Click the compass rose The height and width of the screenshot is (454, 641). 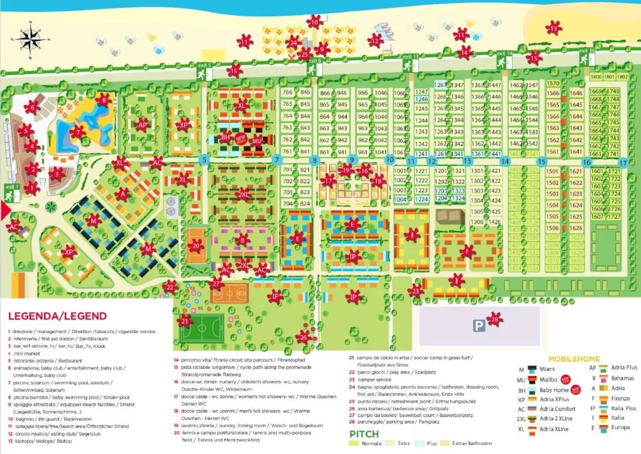30,38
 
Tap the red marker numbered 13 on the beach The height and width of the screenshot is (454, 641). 554,28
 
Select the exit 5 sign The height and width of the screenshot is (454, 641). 204,66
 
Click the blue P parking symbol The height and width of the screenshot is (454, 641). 478,326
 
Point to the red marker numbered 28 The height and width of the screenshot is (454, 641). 495,318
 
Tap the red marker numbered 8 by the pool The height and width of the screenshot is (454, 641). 103,100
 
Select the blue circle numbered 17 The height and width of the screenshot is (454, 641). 623,163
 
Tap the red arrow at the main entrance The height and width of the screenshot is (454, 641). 6,211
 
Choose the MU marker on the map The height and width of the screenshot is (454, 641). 257,141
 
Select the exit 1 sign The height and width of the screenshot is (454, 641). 12,188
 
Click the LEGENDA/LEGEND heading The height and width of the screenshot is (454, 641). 57,316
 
